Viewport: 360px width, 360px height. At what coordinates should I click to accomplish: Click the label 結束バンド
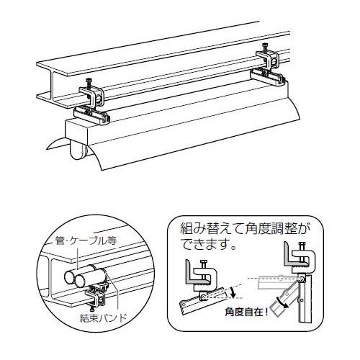[x=104, y=318]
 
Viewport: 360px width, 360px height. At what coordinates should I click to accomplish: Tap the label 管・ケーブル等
[x=86, y=240]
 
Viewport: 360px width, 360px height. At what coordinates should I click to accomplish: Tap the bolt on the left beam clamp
[x=89, y=84]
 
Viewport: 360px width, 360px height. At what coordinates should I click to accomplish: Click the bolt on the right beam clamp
[x=265, y=48]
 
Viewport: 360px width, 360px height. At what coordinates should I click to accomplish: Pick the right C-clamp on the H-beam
[x=268, y=60]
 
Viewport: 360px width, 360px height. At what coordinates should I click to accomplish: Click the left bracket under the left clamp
[x=92, y=114]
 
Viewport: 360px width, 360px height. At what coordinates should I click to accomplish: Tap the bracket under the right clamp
[x=266, y=77]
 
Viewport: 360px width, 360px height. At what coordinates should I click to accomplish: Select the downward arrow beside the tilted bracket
[x=233, y=292]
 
